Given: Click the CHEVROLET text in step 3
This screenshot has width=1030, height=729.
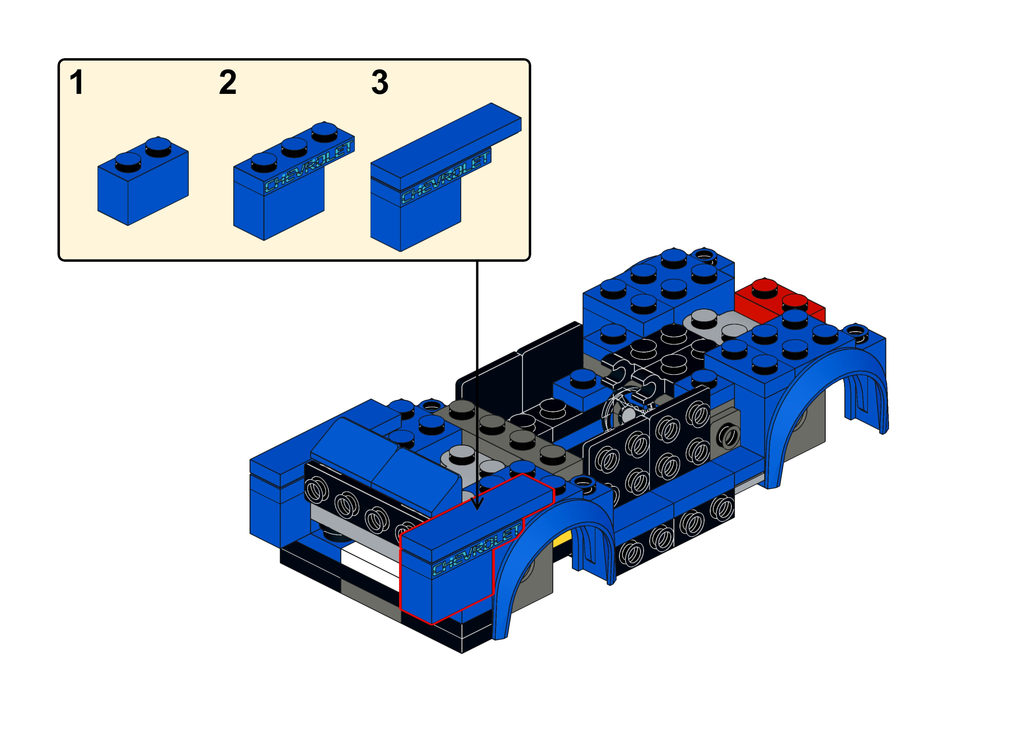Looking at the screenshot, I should coord(445,177).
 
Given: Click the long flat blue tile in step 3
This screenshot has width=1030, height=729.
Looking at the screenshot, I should coord(446,144).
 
